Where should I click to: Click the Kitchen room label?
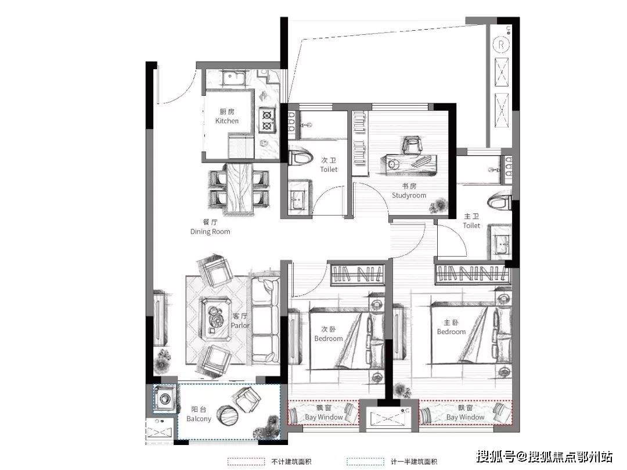227,121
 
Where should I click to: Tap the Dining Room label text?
210,232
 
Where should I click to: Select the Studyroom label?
409,195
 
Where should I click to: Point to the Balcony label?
199,419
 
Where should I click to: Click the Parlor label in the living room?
240,325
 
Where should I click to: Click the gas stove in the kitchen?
266,120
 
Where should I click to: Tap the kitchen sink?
235,78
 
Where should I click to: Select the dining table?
239,188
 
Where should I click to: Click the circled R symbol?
501,44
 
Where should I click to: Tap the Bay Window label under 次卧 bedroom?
323,417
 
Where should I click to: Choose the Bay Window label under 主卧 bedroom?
465,417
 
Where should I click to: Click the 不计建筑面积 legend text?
291,462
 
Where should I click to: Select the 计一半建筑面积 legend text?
414,462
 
